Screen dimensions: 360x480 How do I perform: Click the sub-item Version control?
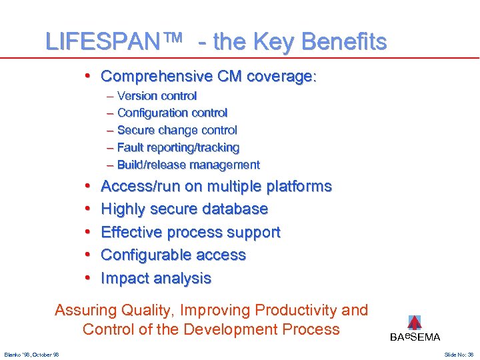click(157, 96)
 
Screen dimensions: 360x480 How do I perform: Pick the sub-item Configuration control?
click(172, 113)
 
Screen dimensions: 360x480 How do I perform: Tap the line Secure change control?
click(177, 131)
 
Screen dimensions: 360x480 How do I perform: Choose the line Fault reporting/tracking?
click(178, 147)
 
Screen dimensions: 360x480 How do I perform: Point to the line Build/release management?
click(188, 165)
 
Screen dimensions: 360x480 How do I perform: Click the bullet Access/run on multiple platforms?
click(216, 187)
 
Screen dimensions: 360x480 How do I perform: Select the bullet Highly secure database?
click(184, 209)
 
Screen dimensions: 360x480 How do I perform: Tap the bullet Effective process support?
click(190, 233)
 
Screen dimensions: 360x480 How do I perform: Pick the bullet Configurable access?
click(173, 255)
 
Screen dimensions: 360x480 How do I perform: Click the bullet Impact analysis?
click(156, 279)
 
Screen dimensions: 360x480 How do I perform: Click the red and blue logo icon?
click(415, 323)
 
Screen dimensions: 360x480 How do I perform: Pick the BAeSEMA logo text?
click(415, 337)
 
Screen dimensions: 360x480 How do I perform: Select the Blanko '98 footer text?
click(31, 354)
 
